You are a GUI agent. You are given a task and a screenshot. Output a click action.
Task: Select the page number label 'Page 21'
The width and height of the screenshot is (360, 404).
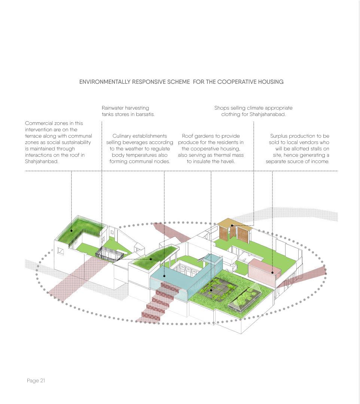[36, 380]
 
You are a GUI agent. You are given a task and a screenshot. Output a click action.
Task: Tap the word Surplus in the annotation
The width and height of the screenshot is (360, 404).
[280, 136]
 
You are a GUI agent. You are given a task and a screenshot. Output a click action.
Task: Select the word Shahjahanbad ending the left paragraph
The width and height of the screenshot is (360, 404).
[41, 161]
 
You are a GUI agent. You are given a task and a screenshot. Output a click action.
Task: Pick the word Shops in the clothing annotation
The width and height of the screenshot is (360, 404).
[222, 108]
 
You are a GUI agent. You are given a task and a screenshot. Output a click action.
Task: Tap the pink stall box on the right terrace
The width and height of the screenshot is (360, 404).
[264, 269]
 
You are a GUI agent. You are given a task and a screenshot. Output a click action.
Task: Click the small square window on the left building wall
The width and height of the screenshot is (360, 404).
[60, 251]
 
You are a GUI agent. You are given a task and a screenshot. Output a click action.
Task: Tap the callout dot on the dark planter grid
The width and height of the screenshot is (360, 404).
[211, 290]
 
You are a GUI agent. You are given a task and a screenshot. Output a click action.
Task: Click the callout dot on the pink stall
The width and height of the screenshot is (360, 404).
[272, 273]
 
